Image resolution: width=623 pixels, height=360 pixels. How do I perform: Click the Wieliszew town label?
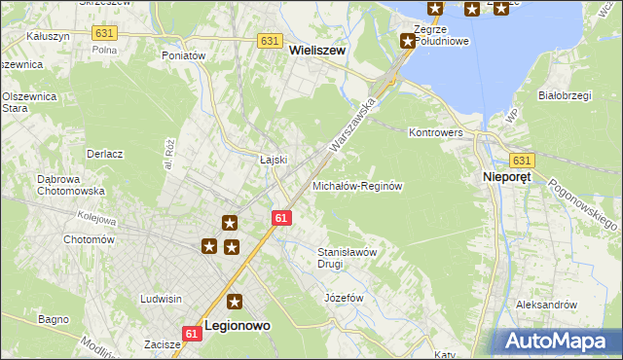coord(317,58)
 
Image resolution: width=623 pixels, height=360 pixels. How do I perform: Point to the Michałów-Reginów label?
coord(357,185)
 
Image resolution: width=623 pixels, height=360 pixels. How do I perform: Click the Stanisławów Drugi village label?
coord(346,257)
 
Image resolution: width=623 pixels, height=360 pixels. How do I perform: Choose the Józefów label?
coord(344,297)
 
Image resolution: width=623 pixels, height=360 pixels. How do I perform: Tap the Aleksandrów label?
coord(547,305)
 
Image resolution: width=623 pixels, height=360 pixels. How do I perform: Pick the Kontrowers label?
coord(435,131)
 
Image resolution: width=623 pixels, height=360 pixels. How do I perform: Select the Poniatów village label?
coord(184,56)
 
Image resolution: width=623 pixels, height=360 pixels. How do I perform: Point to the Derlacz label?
coord(104,154)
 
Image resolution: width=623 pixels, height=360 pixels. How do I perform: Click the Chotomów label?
coord(89,239)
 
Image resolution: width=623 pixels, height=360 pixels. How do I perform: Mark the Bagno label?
coord(53,318)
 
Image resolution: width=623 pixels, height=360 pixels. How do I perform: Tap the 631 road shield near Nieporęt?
coord(522,161)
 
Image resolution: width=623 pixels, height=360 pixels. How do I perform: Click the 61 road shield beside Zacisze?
coord(191,334)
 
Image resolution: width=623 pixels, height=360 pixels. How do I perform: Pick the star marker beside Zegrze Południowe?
coord(408,41)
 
